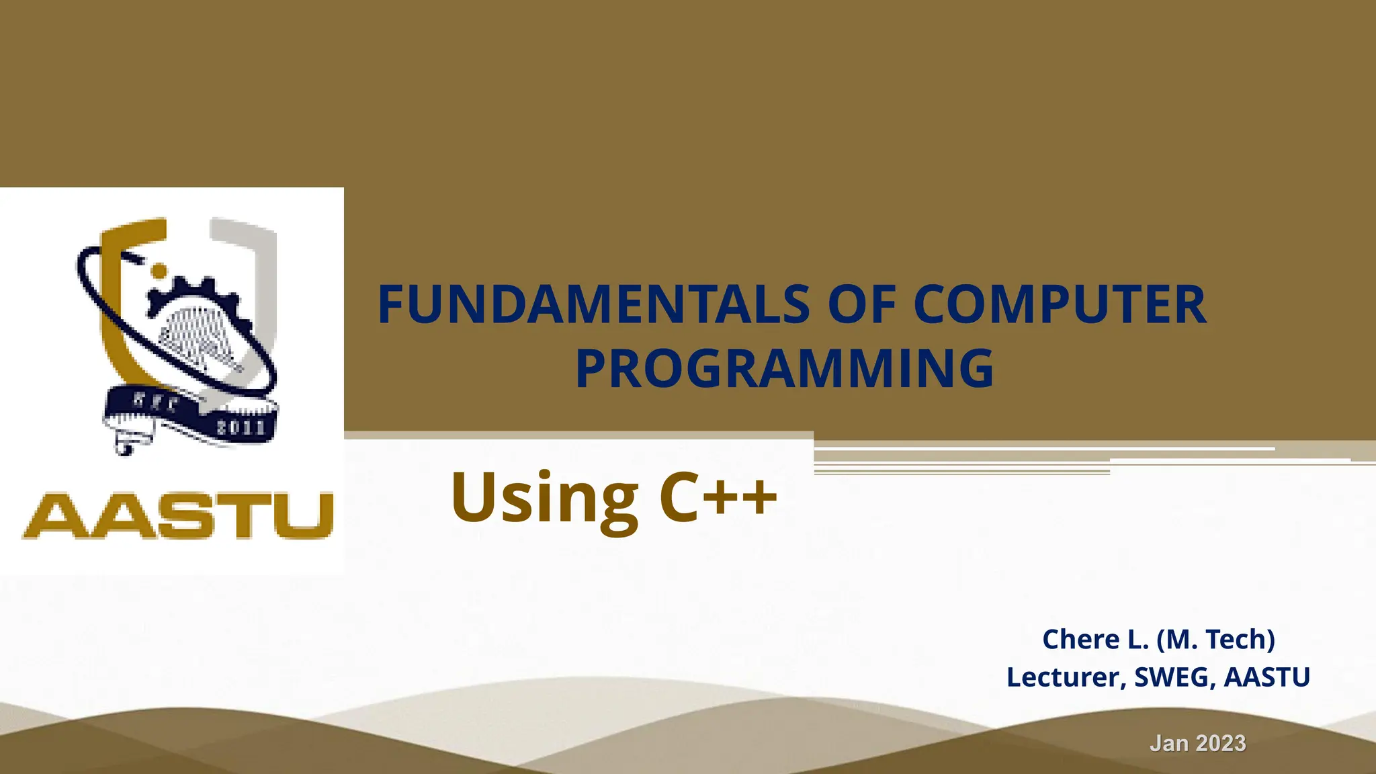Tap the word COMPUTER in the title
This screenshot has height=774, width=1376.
point(1060,305)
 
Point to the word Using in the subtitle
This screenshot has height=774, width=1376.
point(544,499)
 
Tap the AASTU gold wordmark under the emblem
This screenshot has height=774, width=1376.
point(179,515)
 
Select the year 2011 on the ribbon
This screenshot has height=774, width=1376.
point(241,427)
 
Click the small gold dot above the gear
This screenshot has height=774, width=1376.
point(159,270)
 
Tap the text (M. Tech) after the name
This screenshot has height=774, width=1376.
point(1216,639)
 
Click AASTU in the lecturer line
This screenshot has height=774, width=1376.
point(1266,677)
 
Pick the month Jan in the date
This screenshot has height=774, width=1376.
point(1169,743)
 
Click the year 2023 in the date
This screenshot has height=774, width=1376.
point(1221,743)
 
